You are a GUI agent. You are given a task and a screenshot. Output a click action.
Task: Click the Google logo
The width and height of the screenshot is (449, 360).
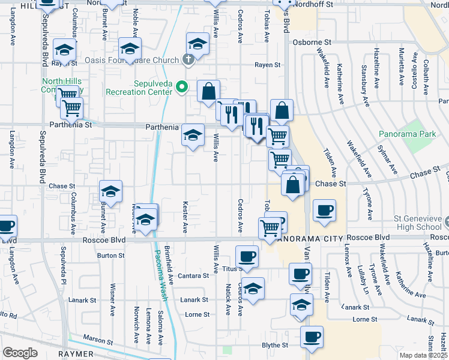[x=20, y=353]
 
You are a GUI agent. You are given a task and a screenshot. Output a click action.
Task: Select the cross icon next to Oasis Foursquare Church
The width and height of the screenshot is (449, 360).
[x=188, y=59]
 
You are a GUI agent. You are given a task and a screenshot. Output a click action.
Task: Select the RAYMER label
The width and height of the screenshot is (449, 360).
[x=76, y=355]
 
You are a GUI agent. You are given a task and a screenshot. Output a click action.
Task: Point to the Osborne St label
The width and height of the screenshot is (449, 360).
[x=312, y=43]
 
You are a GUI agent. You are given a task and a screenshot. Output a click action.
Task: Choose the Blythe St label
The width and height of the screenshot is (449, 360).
[x=275, y=346]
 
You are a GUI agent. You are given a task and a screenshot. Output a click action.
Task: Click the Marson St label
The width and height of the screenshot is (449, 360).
[x=98, y=341]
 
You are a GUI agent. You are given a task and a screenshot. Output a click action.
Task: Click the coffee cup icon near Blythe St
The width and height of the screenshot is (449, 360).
[x=312, y=337]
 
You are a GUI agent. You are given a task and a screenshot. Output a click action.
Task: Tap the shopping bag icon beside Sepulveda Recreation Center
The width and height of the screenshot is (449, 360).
[x=208, y=92]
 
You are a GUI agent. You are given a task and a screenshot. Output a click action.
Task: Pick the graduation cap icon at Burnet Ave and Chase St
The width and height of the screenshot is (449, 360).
[x=111, y=191]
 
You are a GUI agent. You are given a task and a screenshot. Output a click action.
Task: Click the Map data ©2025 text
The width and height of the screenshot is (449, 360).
[x=423, y=355]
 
